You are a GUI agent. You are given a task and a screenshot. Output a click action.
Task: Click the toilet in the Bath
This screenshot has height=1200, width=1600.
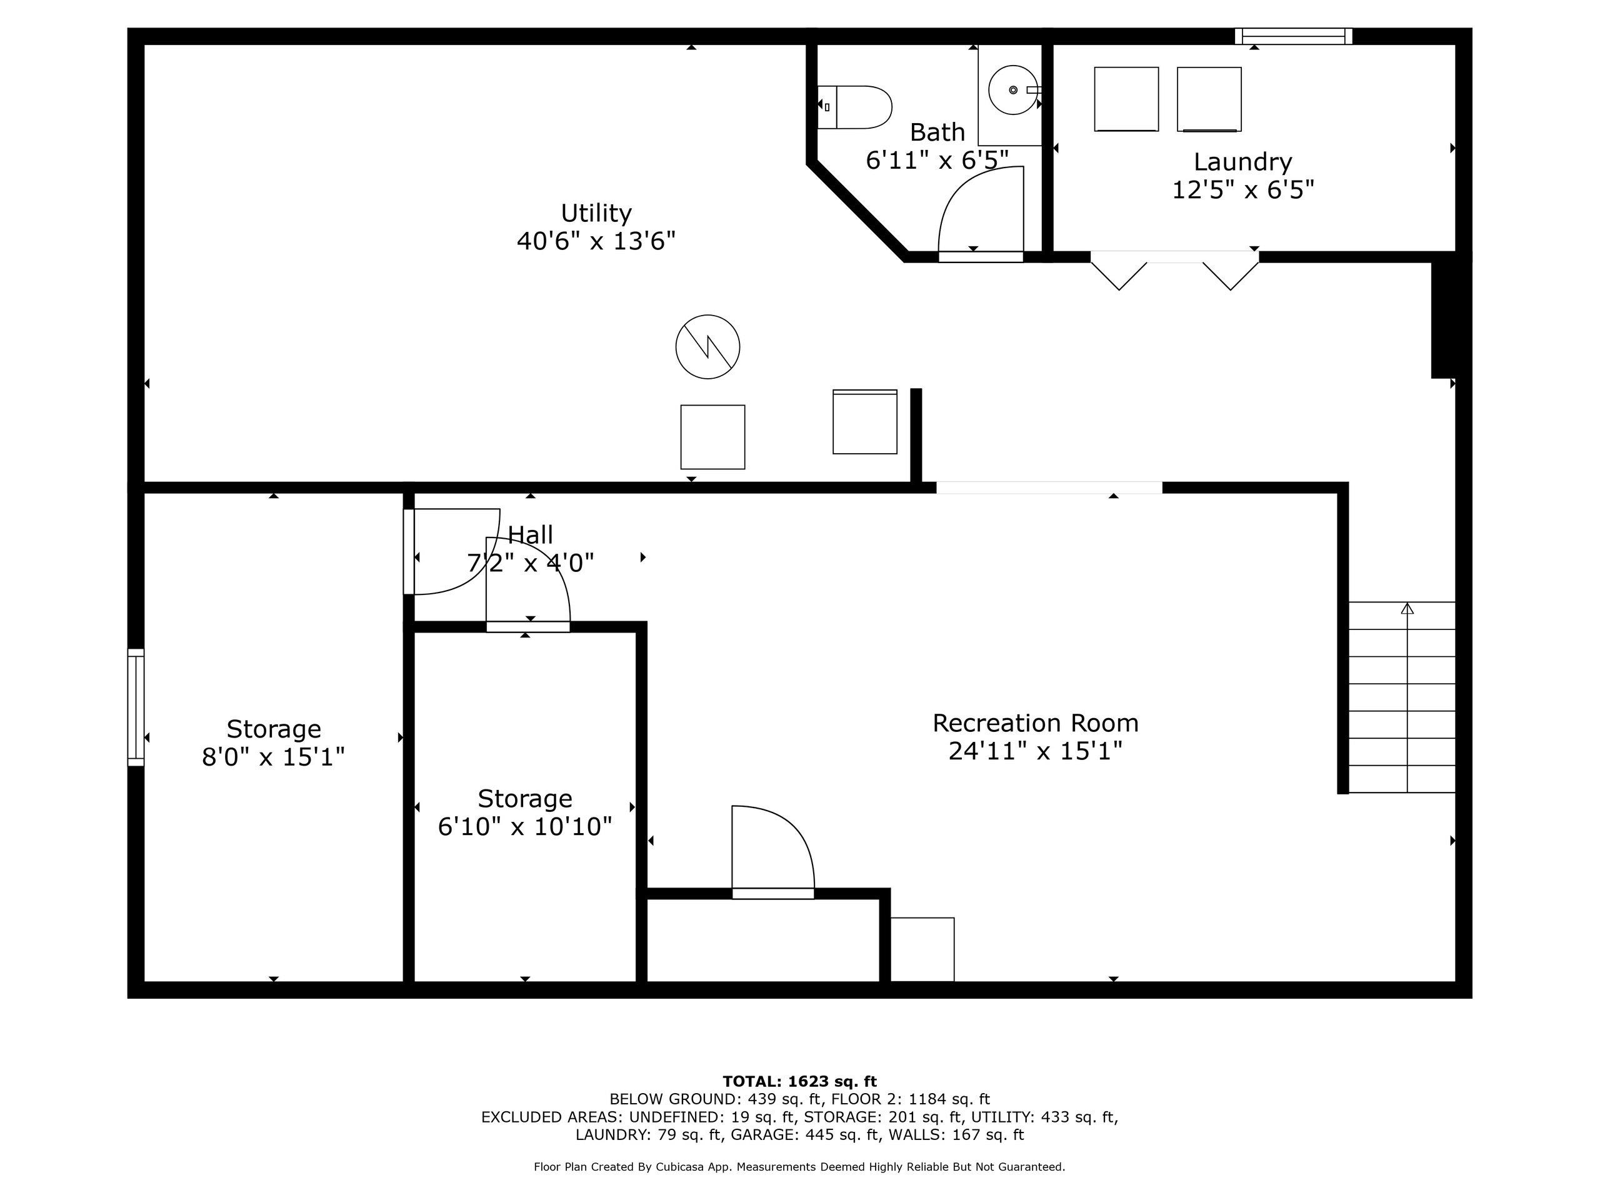(x=854, y=107)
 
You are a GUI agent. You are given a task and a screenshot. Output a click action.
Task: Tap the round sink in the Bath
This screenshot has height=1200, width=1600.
(x=1012, y=90)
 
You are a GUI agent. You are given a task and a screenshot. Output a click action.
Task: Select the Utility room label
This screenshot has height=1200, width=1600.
(x=596, y=212)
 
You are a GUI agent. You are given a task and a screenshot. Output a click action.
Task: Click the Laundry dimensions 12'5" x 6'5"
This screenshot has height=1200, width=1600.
(x=1242, y=189)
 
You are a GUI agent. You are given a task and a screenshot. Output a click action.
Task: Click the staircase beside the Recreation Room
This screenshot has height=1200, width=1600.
(x=1402, y=697)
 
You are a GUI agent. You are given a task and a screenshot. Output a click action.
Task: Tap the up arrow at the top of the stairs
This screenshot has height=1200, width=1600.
(x=1407, y=608)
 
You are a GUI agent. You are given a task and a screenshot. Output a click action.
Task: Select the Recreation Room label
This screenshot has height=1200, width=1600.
(x=1035, y=722)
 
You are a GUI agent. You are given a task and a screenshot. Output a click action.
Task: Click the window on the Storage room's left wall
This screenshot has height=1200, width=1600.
(x=136, y=707)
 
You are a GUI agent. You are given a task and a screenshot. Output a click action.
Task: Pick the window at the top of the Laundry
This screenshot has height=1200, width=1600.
(x=1293, y=36)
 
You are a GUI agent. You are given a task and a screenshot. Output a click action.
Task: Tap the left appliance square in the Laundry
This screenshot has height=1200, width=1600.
(x=1126, y=99)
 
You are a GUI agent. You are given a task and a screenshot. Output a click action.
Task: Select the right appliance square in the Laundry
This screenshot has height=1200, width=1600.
(x=1209, y=99)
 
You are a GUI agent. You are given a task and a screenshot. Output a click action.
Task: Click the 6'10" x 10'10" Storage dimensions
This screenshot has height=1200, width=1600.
(x=525, y=826)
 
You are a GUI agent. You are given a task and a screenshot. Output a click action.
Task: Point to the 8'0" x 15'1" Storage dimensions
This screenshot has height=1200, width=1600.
(x=273, y=757)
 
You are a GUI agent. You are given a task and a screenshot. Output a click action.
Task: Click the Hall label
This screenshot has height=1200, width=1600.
(x=530, y=534)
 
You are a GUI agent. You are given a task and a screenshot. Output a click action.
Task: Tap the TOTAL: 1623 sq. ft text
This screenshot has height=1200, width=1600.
(x=799, y=1081)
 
